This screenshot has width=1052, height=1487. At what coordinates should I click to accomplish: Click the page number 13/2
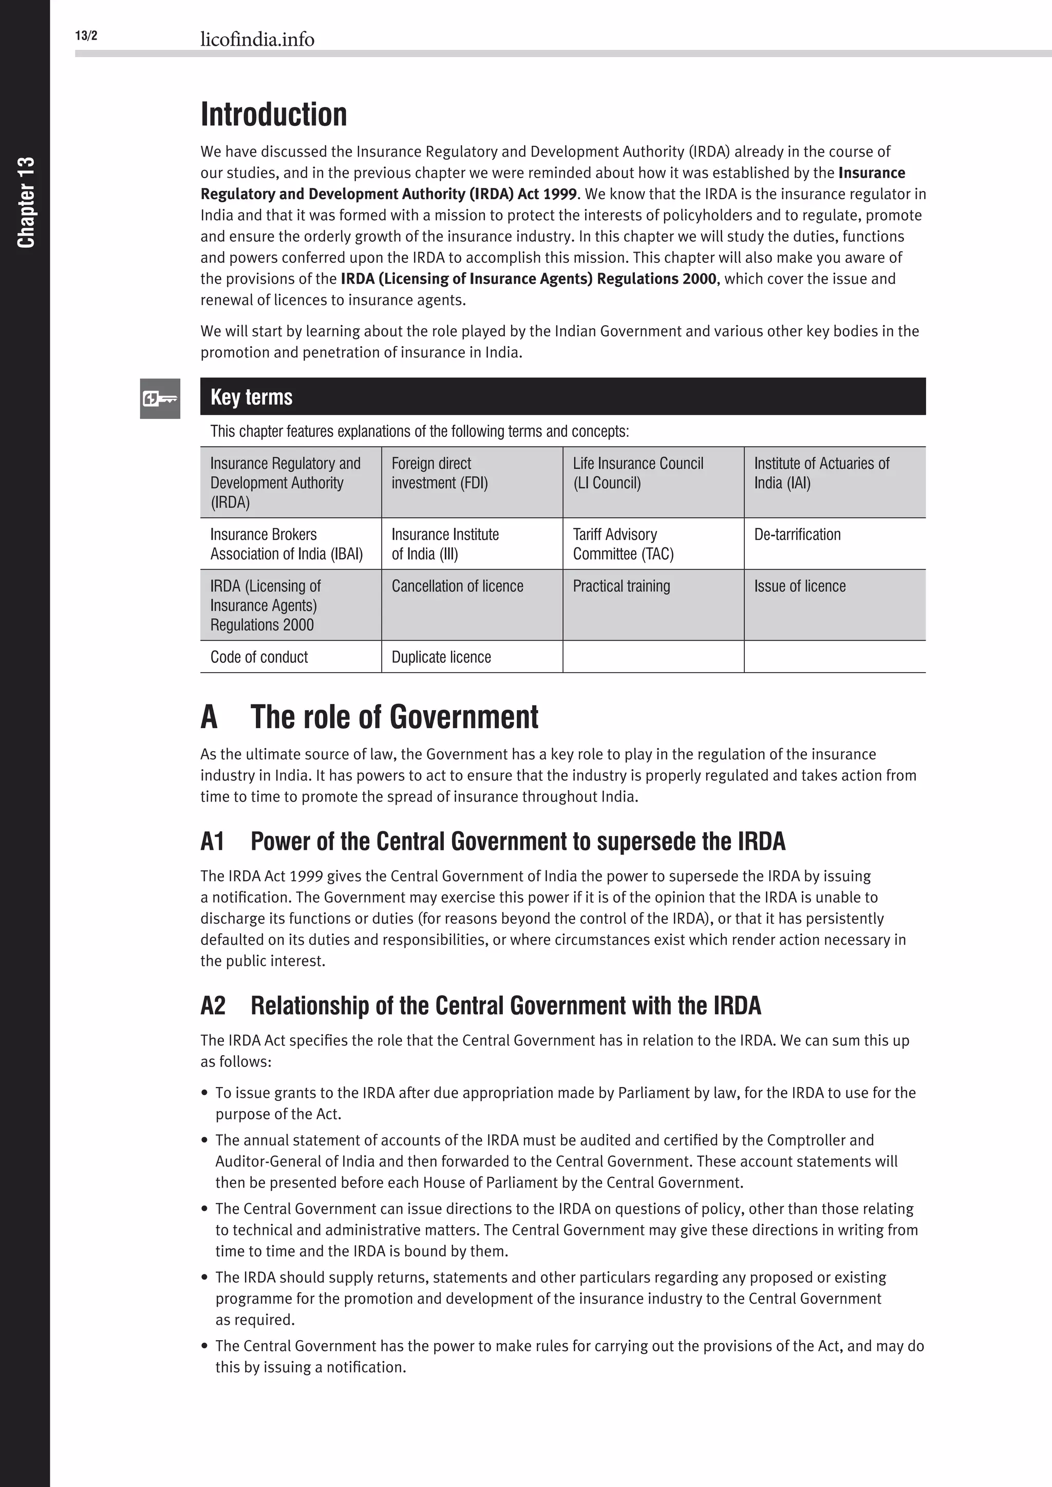[x=86, y=35]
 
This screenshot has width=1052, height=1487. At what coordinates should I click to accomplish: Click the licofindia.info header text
[x=257, y=40]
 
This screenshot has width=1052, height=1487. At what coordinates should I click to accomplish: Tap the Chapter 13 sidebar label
[x=26, y=202]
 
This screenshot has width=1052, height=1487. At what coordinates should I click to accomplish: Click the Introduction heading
[x=273, y=115]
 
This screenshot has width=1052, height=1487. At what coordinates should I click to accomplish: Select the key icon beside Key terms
[x=160, y=398]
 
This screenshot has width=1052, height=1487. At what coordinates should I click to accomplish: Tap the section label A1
[x=212, y=841]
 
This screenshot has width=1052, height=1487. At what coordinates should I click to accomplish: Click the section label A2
[x=213, y=1006]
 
